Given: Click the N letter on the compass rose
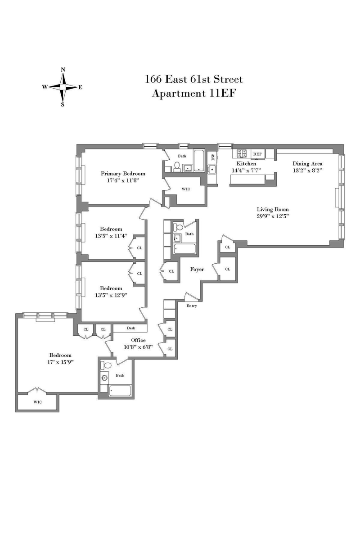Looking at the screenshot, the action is click(63, 70).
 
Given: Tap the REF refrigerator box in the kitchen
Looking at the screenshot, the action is click(257, 154).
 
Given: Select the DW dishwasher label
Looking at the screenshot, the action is click(213, 157).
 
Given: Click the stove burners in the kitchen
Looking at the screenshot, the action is click(242, 153).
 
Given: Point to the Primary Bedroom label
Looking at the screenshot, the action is click(123, 174).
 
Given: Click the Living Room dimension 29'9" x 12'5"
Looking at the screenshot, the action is click(273, 216).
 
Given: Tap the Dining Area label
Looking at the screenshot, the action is click(307, 163).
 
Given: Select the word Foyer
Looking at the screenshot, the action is click(197, 270).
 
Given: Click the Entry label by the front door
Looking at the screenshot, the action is click(192, 306).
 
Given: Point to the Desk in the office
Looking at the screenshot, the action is click(130, 328).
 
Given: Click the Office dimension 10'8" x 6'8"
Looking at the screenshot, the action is click(139, 347).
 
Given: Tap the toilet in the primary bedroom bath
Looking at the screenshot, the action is click(177, 166).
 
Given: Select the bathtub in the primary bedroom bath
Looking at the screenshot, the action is click(199, 161).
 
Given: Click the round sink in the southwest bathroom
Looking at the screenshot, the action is click(104, 378).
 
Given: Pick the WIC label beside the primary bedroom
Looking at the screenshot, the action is click(186, 189).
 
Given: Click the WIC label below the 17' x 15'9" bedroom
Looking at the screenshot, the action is click(38, 402).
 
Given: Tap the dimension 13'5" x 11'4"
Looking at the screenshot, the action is click(111, 236).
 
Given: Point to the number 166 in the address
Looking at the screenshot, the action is click(153, 79).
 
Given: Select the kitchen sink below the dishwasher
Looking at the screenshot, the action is click(212, 169).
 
